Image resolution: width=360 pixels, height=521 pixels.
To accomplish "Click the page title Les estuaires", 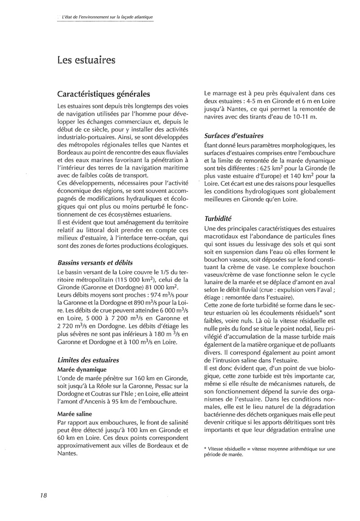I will pos(86,59).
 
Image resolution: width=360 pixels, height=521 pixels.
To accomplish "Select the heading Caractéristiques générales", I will pos(104,95).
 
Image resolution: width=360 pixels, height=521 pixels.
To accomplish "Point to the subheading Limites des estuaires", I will pos(88,360).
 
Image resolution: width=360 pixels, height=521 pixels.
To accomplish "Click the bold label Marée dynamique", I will pos(82,370).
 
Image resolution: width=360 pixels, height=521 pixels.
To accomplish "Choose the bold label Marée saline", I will pos(75,413).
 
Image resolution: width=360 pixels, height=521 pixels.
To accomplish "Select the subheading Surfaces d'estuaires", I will pos(234,136).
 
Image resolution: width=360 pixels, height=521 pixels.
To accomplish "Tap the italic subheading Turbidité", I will pos(218,218).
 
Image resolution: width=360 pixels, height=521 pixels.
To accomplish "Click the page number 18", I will pos(44,495).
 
